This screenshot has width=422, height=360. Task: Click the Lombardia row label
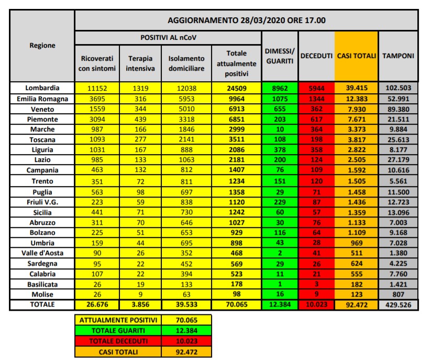pyautogui.click(x=42, y=88)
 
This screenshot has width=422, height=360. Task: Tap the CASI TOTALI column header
pyautogui.click(x=356, y=56)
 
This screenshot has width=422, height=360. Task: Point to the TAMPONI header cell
pyautogui.click(x=398, y=56)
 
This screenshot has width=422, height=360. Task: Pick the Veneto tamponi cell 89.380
pyautogui.click(x=398, y=108)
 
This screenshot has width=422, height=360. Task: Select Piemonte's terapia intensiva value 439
pyautogui.click(x=140, y=119)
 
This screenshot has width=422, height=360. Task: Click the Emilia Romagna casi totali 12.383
pyautogui.click(x=356, y=99)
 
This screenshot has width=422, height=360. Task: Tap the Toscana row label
pyautogui.click(x=42, y=139)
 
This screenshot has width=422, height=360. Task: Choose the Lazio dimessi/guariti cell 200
pyautogui.click(x=280, y=160)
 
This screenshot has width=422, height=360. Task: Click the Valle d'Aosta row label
pyautogui.click(x=42, y=252)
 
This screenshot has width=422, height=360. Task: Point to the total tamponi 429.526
pyautogui.click(x=398, y=304)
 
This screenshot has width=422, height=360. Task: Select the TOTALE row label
pyautogui.click(x=42, y=304)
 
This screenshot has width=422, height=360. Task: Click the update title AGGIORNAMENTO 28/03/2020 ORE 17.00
pyautogui.click(x=246, y=20)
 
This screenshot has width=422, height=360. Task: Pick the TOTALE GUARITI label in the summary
pyautogui.click(x=119, y=331)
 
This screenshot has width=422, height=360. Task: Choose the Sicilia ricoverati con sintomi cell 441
pyautogui.click(x=97, y=211)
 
